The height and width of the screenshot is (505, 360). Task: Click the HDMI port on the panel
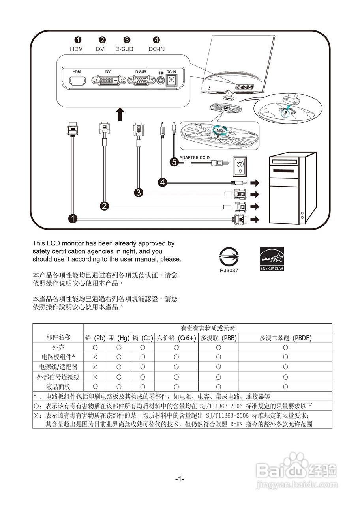[78, 81]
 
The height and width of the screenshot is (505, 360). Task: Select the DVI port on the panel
[109, 81]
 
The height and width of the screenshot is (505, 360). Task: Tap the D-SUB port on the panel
[141, 80]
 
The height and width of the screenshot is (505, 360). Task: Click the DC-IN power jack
[171, 80]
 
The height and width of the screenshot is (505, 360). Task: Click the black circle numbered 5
[174, 162]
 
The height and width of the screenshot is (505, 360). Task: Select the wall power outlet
[240, 166]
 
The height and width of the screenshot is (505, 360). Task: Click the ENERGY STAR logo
[272, 259]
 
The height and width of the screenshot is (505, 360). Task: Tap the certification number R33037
[229, 271]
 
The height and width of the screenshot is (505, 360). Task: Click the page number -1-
[180, 479]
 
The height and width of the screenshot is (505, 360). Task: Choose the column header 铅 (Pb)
[95, 338]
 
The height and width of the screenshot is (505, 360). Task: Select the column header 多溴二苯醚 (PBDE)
[285, 338]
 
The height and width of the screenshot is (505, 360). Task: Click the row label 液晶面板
[58, 387]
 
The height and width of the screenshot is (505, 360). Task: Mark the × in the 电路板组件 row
[95, 357]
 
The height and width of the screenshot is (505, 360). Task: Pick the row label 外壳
[58, 348]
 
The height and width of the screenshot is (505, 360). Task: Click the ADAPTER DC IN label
[195, 157]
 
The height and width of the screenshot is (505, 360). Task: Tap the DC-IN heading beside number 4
[157, 49]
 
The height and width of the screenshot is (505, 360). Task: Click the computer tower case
[292, 189]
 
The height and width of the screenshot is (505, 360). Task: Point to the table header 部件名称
[58, 337]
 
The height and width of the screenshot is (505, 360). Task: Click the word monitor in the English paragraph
[77, 243]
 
